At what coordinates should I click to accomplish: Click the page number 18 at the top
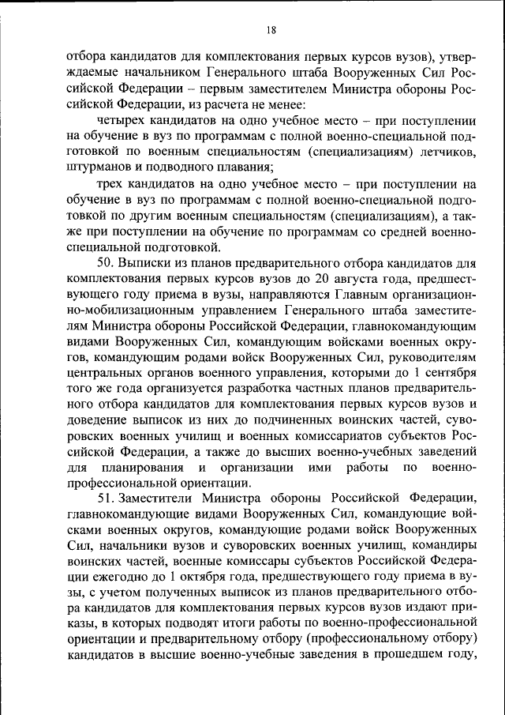(x=271, y=30)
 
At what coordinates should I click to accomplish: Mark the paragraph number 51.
(x=106, y=499)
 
